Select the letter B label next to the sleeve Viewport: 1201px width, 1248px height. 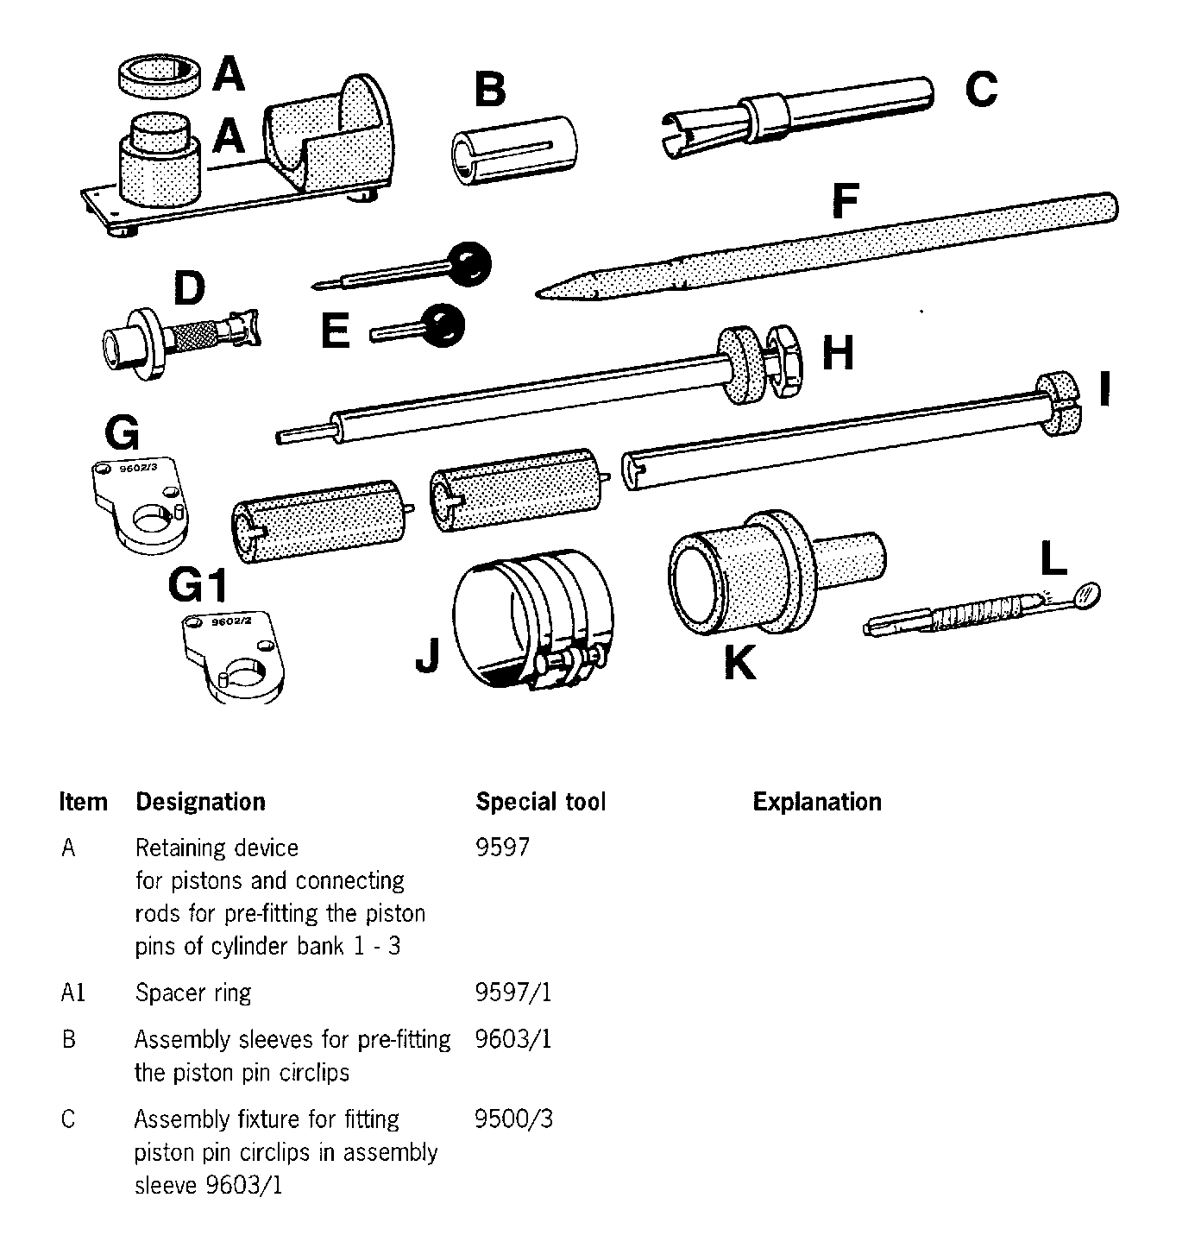[x=490, y=91]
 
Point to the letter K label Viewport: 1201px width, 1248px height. [x=739, y=663]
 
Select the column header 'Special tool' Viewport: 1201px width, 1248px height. [x=541, y=802]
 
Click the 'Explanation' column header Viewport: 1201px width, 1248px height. [x=817, y=802]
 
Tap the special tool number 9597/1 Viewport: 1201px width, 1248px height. [x=513, y=993]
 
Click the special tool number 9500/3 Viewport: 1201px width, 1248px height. [x=513, y=1119]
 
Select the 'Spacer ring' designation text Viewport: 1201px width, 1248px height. [x=193, y=993]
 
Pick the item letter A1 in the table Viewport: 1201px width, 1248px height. [x=73, y=993]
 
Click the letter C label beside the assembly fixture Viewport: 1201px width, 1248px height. [x=981, y=89]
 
